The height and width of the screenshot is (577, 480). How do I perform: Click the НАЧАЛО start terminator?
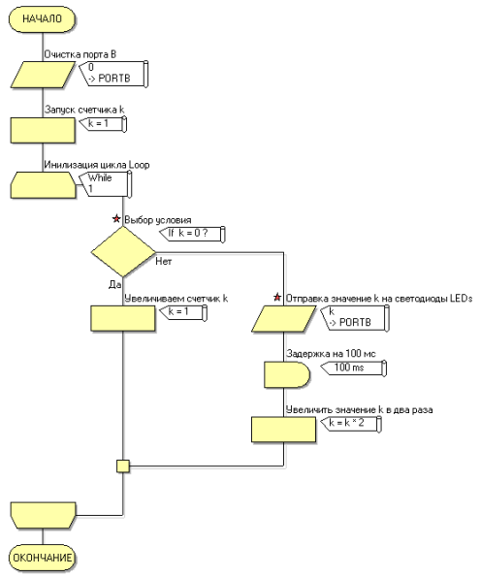(42, 18)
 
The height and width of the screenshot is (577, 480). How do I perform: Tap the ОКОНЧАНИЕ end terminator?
(42, 558)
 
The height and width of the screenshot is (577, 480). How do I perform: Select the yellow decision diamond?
(123, 252)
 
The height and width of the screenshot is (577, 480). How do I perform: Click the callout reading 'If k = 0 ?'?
(192, 234)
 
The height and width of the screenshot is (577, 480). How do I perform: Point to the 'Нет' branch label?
(164, 261)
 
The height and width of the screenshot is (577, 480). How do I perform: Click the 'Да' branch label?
(114, 284)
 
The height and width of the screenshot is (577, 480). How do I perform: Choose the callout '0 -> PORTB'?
(113, 74)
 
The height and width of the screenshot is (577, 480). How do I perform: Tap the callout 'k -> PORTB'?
(355, 318)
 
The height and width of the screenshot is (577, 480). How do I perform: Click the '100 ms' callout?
(354, 368)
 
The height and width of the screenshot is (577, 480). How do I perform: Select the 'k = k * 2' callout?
(351, 424)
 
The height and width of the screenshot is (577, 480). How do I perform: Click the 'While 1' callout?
(106, 183)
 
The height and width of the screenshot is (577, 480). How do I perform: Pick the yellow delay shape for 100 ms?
(287, 374)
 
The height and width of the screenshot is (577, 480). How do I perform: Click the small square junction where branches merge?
(123, 465)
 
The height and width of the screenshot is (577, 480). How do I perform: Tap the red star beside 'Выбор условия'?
(116, 219)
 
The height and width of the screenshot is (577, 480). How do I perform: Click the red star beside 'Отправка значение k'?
(277, 298)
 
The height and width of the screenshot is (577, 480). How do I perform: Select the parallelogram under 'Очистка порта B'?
(43, 75)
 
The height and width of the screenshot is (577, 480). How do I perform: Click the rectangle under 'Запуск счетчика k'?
(43, 130)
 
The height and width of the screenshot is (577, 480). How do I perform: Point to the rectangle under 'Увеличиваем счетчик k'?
(123, 319)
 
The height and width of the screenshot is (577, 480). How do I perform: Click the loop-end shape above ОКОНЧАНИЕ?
(43, 515)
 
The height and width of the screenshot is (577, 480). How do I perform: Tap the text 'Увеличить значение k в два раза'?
(359, 409)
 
